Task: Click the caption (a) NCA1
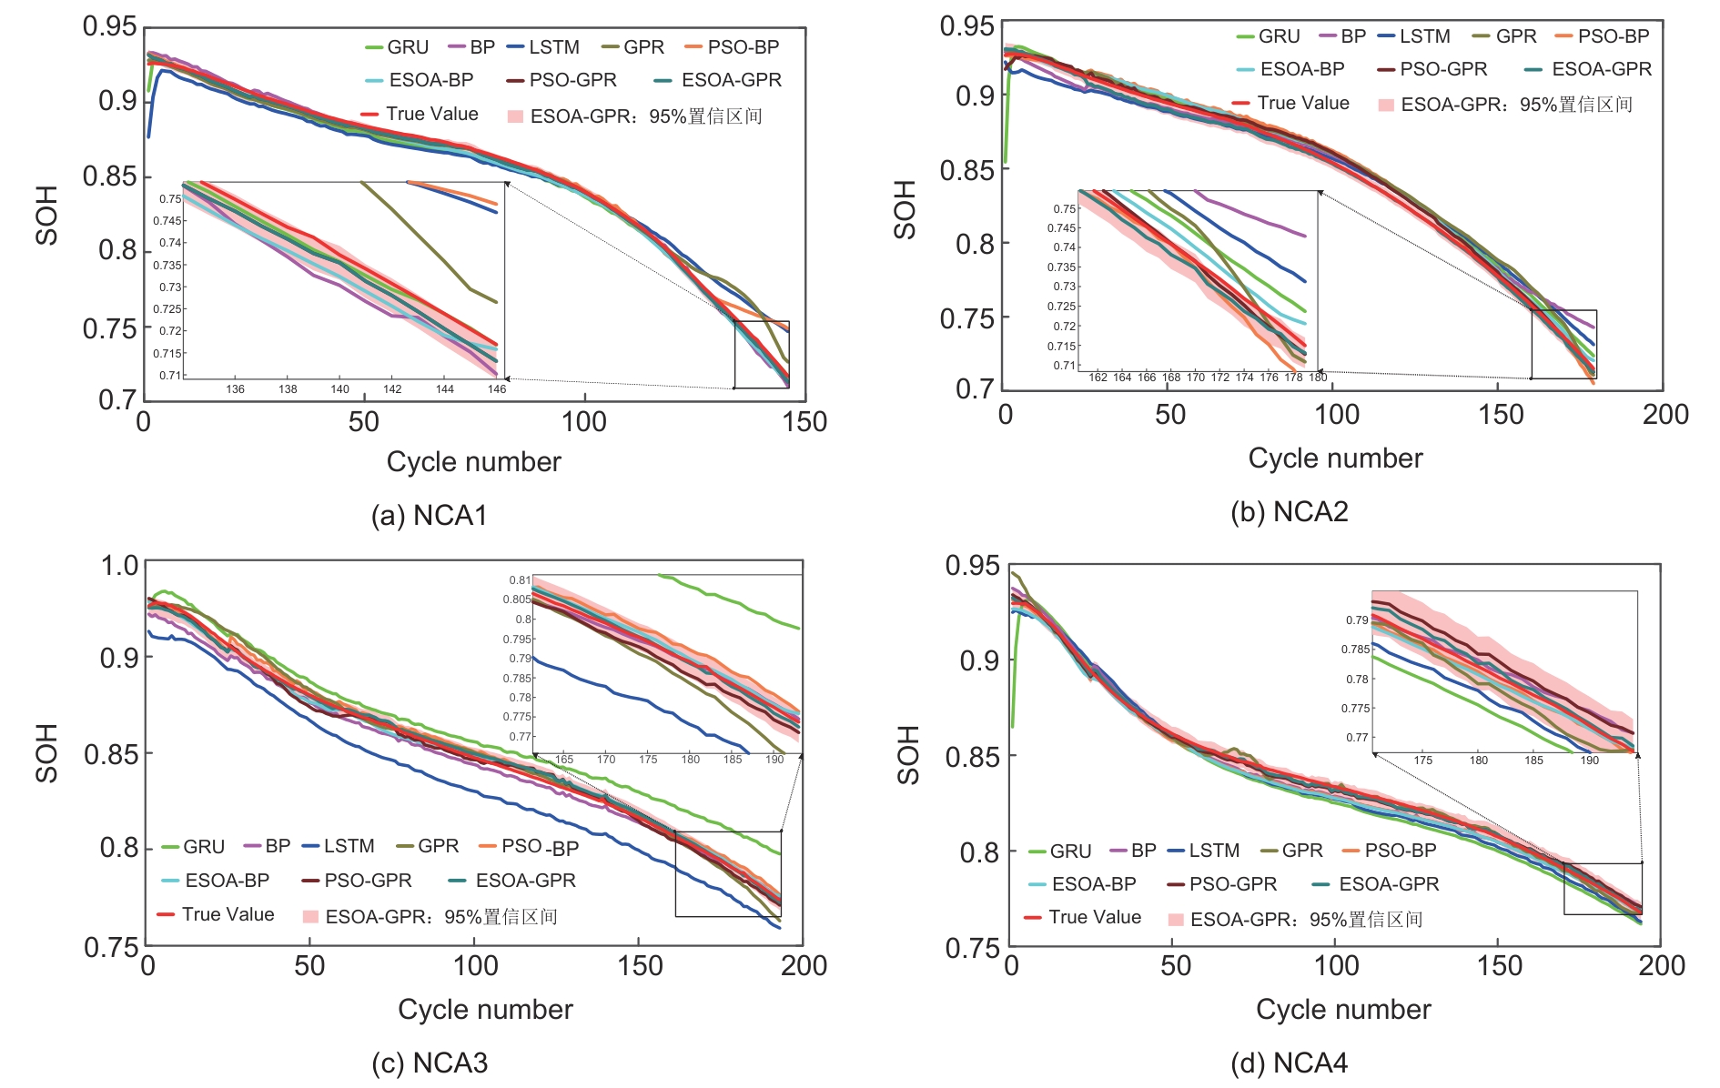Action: [429, 516]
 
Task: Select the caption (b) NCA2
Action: [1289, 512]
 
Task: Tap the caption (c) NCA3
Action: [430, 1063]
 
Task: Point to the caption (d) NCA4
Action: [1289, 1063]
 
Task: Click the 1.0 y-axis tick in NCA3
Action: [119, 566]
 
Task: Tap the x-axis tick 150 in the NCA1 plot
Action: [804, 422]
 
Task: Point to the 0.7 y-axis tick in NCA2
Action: [975, 389]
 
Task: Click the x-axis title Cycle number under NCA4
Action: [1343, 1010]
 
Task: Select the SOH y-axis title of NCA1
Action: [46, 216]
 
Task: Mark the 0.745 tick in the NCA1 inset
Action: [167, 221]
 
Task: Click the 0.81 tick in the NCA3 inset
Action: [520, 579]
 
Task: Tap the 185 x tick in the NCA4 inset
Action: [1533, 761]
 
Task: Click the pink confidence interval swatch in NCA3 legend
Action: [310, 916]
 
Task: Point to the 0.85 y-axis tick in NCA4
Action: [972, 757]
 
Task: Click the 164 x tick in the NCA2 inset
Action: [1122, 378]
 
